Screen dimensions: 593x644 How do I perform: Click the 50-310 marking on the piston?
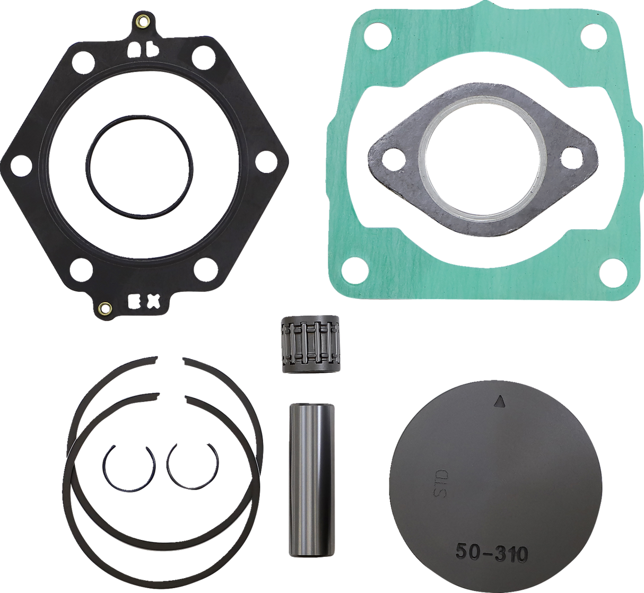coord(491,554)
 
